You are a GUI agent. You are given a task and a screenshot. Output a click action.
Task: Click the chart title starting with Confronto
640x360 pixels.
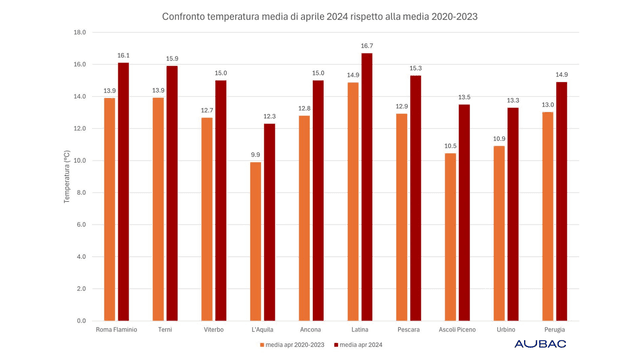pos(319,17)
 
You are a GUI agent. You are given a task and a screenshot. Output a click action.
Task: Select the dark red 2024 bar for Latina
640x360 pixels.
pos(367,187)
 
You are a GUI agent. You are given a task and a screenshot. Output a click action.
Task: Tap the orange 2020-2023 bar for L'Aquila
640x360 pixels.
pos(255,241)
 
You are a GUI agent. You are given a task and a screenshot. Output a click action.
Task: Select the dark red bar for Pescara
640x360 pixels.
pos(416,198)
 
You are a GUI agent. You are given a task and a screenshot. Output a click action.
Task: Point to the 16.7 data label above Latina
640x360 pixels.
pos(367,46)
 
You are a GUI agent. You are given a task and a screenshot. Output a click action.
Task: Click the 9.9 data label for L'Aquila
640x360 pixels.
pos(255,155)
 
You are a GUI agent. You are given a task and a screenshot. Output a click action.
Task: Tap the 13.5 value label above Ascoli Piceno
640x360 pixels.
pos(465,97)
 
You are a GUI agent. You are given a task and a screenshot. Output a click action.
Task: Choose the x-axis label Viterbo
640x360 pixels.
pos(213,329)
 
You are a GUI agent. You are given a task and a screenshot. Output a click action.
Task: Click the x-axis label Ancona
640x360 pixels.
pos(310,329)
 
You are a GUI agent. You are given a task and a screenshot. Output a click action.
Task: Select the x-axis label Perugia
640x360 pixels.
pos(554,329)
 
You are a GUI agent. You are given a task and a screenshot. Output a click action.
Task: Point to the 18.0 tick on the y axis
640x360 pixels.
pos(78,32)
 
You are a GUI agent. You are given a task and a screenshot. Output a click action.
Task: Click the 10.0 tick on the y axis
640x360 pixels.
pos(78,161)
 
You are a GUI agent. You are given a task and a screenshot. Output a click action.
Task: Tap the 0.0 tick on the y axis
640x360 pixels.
pos(80,321)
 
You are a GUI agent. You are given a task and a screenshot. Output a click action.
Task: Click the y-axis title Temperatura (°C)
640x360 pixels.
pos(67,177)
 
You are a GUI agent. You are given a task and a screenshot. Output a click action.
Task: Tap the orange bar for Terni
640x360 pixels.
pos(158,209)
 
